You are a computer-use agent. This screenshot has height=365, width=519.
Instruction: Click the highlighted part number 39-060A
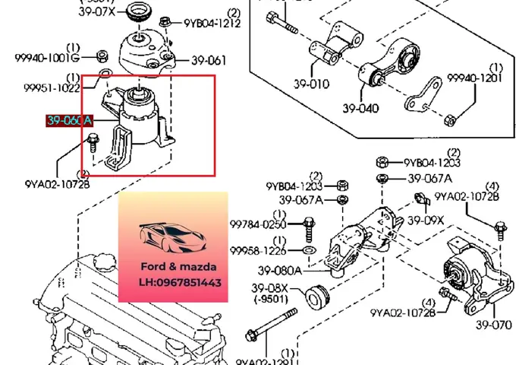(x=69, y=120)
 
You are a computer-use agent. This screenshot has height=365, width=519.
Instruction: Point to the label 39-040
(x=360, y=108)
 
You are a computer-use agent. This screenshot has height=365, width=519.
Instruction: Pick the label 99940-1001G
(x=46, y=57)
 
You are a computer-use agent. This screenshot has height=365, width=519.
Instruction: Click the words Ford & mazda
(x=172, y=267)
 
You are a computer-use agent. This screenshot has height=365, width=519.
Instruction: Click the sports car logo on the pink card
(x=172, y=237)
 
